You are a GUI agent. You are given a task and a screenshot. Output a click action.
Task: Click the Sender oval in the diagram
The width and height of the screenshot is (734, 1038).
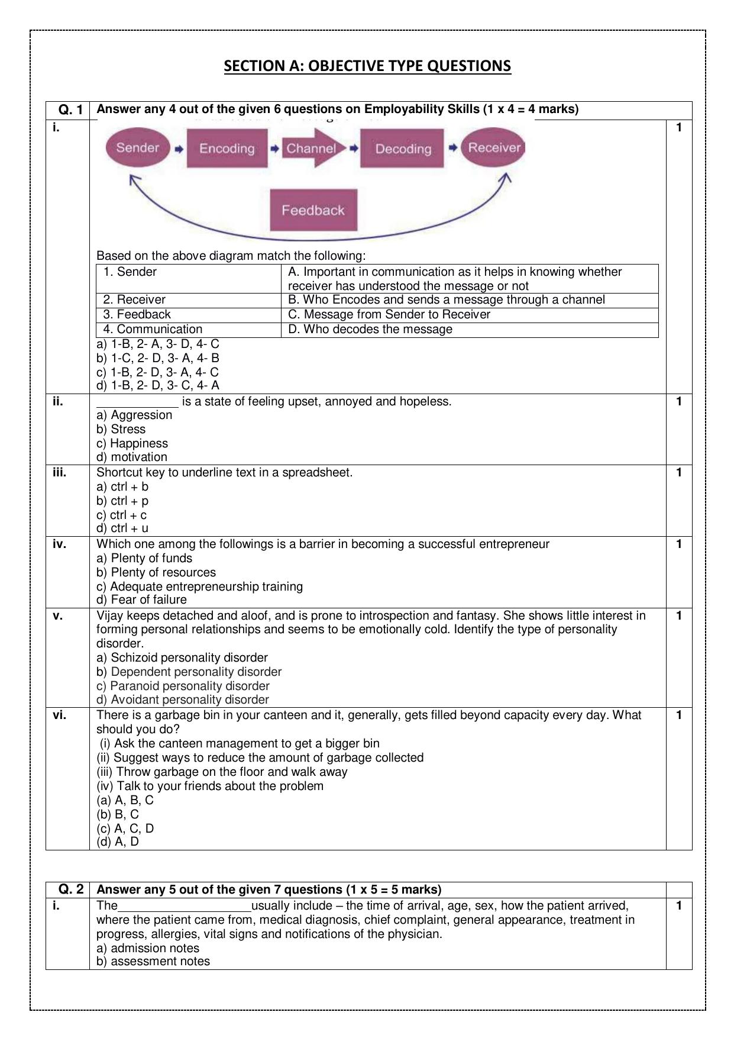coord(138,148)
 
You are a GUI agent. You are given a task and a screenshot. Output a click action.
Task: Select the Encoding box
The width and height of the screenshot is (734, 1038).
coord(227,149)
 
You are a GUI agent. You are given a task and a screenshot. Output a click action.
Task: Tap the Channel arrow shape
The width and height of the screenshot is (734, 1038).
coord(312,149)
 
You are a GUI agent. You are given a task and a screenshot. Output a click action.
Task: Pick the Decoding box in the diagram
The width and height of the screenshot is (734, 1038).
coord(403,149)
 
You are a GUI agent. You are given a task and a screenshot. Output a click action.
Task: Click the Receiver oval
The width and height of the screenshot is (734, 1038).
coord(494,148)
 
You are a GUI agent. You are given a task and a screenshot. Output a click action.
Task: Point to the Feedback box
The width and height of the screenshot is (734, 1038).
coord(313,210)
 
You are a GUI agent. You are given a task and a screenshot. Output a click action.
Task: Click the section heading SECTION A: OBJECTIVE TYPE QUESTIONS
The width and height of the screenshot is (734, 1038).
coord(367,66)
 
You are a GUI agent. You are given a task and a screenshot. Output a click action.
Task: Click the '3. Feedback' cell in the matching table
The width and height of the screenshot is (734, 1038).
coord(137,314)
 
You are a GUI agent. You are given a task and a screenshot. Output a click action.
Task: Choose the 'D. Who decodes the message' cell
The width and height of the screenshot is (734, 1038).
coord(370,329)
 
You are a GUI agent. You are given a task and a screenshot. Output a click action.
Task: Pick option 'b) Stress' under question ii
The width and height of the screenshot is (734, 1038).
coord(121,429)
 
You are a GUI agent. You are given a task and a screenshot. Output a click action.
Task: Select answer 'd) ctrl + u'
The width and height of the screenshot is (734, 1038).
coord(122,528)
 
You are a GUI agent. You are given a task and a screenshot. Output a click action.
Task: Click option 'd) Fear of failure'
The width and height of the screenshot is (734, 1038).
coord(141,599)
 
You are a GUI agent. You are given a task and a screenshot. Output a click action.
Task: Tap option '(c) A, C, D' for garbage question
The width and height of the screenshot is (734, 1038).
coord(125,828)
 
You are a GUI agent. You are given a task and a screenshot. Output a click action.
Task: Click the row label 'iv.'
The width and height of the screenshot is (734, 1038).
coord(59,544)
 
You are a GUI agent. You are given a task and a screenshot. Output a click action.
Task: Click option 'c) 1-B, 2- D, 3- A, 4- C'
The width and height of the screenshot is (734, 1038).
coord(157,372)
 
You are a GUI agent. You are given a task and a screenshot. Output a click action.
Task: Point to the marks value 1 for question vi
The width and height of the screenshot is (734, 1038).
coord(679,715)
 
